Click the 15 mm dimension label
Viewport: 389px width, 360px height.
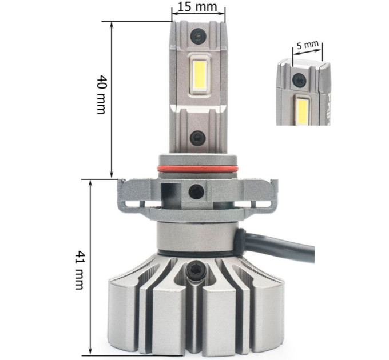pos(197,7)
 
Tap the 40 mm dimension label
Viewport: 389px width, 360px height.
pos(101,94)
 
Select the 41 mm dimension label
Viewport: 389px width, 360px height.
pos(80,270)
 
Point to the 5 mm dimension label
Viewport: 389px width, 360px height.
pos(308,46)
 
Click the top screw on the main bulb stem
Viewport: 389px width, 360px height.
pos(198,36)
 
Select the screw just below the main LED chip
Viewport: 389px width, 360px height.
pos(198,138)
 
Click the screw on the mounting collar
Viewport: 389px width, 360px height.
pos(196,192)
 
